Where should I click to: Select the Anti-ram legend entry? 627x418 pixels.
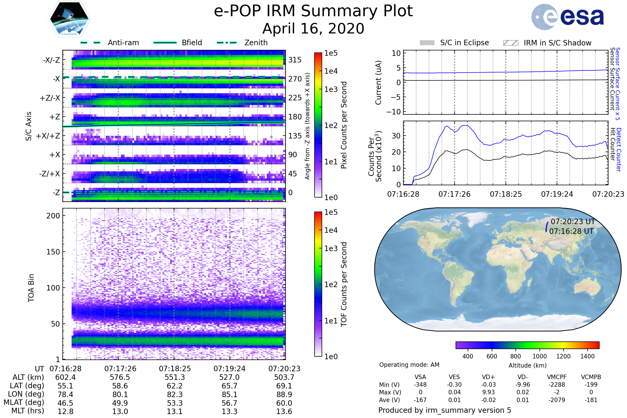coord(123,43)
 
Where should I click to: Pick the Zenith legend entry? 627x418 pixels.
coord(256,43)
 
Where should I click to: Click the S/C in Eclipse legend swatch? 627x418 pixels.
coord(427,43)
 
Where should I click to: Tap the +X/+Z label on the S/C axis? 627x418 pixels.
coord(48,136)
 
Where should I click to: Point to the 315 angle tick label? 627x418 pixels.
coord(295,60)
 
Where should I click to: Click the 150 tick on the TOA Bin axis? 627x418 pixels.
coord(53,252)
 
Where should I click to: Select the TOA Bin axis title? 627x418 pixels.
coord(31,288)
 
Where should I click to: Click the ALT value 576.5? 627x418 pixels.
coord(120,377)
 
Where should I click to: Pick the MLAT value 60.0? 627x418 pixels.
coord(284,403)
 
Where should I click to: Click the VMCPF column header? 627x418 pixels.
coord(557,377)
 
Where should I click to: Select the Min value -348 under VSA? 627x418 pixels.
coord(420,385)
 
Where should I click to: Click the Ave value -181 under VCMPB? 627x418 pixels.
coord(591,400)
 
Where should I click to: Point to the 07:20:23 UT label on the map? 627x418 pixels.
coord(573,222)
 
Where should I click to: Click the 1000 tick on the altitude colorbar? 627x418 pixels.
coord(539,356)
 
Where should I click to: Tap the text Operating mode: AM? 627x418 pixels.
coord(409,365)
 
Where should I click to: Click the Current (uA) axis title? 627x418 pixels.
coord(378,83)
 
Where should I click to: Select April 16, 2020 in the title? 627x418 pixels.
coord(313,28)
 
